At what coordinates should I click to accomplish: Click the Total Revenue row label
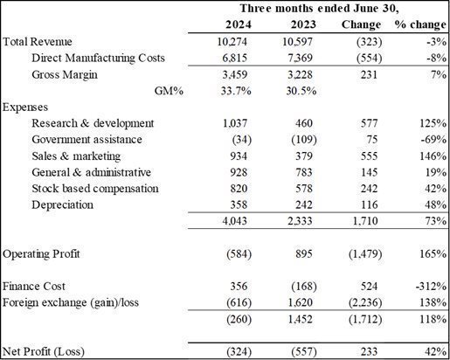[x=38, y=42]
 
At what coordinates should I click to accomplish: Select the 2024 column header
[x=239, y=24]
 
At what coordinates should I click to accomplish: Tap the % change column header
[x=420, y=24]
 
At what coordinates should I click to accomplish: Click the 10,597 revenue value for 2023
[x=297, y=42]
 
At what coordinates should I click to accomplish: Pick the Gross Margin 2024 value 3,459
[x=235, y=74]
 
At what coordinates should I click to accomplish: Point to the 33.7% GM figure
[x=236, y=91]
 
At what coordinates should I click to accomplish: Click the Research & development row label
[x=93, y=123]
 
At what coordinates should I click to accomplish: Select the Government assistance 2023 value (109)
[x=304, y=140]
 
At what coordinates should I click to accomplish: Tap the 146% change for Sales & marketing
[x=433, y=156]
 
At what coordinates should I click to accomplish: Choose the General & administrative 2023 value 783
[x=304, y=172]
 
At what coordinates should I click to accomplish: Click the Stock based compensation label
[x=95, y=189]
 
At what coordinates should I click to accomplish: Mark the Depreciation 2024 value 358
[x=239, y=204]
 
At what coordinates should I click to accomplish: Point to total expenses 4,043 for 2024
[x=235, y=221]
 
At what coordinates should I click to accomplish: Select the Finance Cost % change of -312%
[x=431, y=287]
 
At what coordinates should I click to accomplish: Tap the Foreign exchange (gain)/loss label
[x=71, y=302]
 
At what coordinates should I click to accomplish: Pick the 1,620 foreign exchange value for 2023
[x=300, y=302]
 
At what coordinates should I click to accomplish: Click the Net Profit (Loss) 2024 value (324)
[x=239, y=351]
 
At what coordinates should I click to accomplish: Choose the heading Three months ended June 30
[x=319, y=9]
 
